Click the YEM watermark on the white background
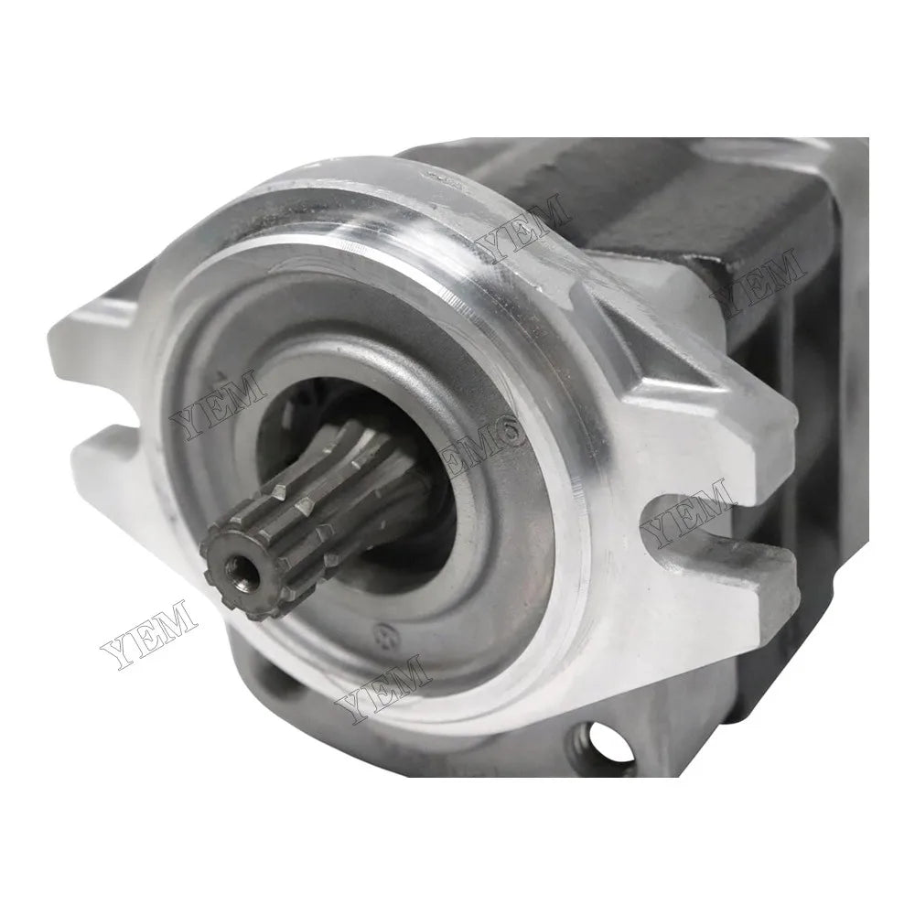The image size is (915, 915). coord(146,631)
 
